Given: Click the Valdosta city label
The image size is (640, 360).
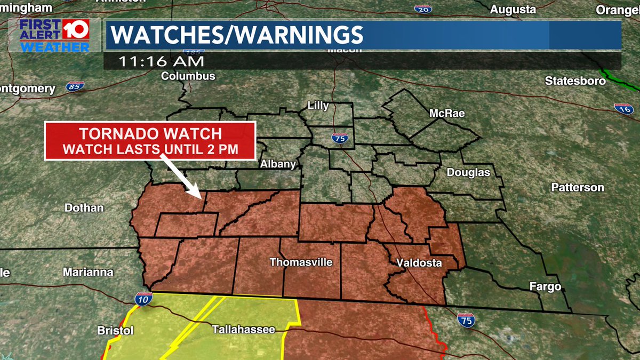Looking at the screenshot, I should (419, 263).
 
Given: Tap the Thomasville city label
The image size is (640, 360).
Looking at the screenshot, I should (301, 262).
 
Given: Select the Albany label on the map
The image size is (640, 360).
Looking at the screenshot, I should (278, 164).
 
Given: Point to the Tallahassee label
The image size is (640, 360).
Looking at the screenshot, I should (244, 330).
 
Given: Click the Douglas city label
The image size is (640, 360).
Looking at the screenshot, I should (468, 173).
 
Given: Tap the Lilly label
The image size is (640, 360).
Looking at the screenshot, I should (318, 106).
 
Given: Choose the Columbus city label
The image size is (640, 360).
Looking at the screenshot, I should (188, 76).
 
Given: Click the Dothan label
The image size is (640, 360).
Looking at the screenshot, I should (84, 208).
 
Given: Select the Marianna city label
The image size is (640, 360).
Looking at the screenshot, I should (88, 272).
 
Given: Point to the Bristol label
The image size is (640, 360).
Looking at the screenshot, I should (115, 331).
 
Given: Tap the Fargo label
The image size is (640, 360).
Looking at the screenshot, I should (545, 287).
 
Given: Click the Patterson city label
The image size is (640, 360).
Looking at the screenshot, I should (578, 188).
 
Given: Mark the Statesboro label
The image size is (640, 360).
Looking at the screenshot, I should (575, 81).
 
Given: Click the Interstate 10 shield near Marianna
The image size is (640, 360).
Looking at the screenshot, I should (143, 299).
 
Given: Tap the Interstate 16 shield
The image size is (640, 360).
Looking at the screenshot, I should (623, 108).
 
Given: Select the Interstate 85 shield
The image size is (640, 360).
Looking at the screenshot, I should (75, 86).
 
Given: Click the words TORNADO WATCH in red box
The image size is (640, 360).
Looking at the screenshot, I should (150, 134).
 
